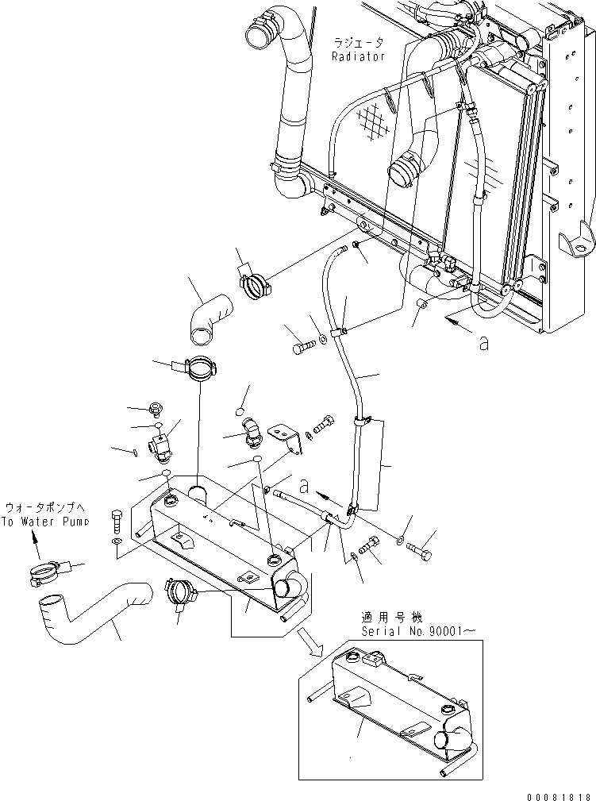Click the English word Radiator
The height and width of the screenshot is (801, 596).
(359, 56)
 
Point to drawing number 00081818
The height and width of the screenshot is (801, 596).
(559, 794)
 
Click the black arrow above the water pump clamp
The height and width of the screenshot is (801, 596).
(35, 545)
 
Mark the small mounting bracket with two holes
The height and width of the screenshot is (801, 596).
(283, 439)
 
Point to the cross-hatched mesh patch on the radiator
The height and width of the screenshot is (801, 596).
(371, 120)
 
